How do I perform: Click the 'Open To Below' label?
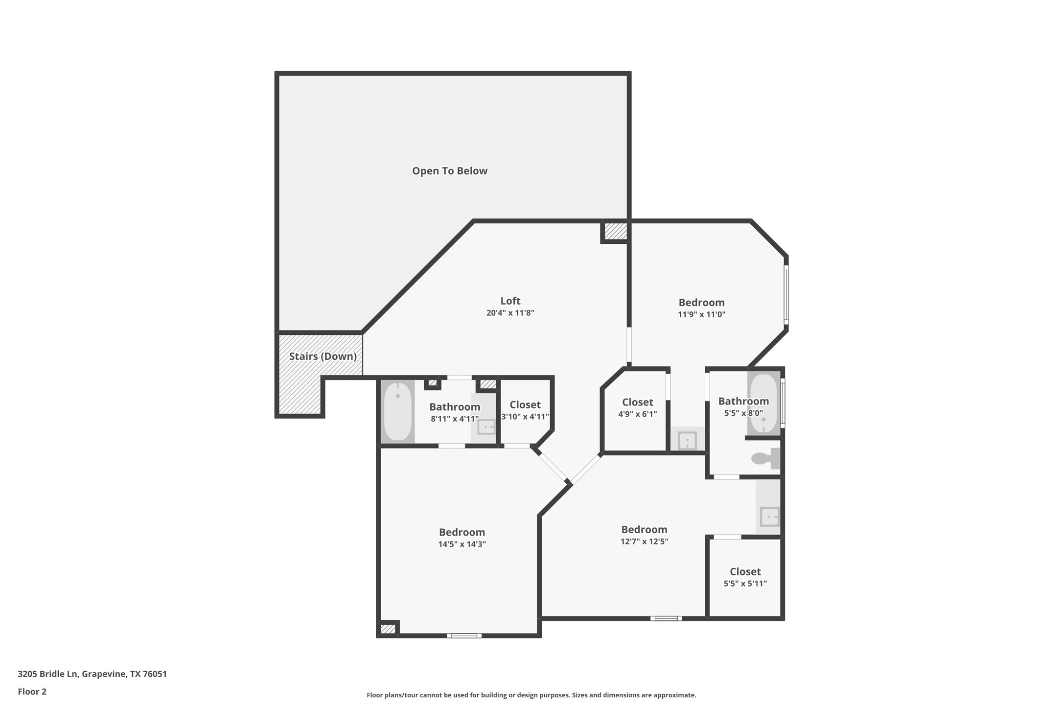coord(449,171)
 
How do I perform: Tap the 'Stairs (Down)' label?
coord(323,356)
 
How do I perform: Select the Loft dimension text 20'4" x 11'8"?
coord(510,313)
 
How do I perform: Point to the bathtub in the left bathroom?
coord(397,411)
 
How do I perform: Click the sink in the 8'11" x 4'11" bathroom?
coord(486,427)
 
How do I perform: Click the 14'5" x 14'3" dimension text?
coord(462,544)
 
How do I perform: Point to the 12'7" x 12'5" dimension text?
coord(644,542)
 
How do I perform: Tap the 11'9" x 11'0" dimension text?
coord(701,314)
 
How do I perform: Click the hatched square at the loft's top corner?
coord(615,232)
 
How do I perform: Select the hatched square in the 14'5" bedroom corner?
coord(388,629)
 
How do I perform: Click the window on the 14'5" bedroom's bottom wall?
coord(464,636)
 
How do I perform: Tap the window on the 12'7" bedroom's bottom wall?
coord(666,618)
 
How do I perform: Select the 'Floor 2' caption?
coord(32,692)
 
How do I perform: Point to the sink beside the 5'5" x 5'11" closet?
coord(769,517)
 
